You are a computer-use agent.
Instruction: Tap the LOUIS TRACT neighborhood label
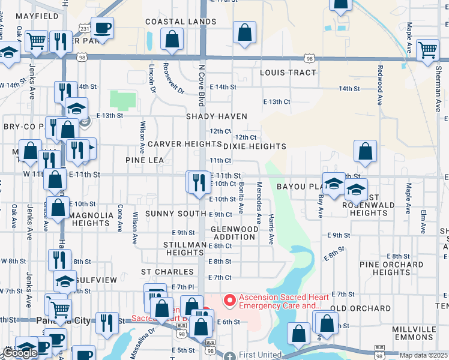[288, 73]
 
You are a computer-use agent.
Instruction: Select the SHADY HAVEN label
[217, 116]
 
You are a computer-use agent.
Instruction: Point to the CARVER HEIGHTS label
[176, 144]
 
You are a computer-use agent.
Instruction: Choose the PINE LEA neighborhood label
[145, 160]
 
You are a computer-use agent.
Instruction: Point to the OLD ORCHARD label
[360, 308]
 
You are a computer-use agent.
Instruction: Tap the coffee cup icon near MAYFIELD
[102, 28]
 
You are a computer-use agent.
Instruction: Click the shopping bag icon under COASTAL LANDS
[172, 39]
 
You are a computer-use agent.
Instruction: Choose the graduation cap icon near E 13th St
[76, 109]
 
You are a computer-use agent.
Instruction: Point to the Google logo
[20, 353]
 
